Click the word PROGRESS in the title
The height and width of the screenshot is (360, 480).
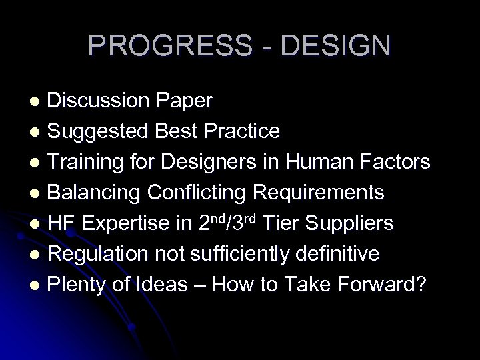[x=167, y=45]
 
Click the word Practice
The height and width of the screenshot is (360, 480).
[x=242, y=131]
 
